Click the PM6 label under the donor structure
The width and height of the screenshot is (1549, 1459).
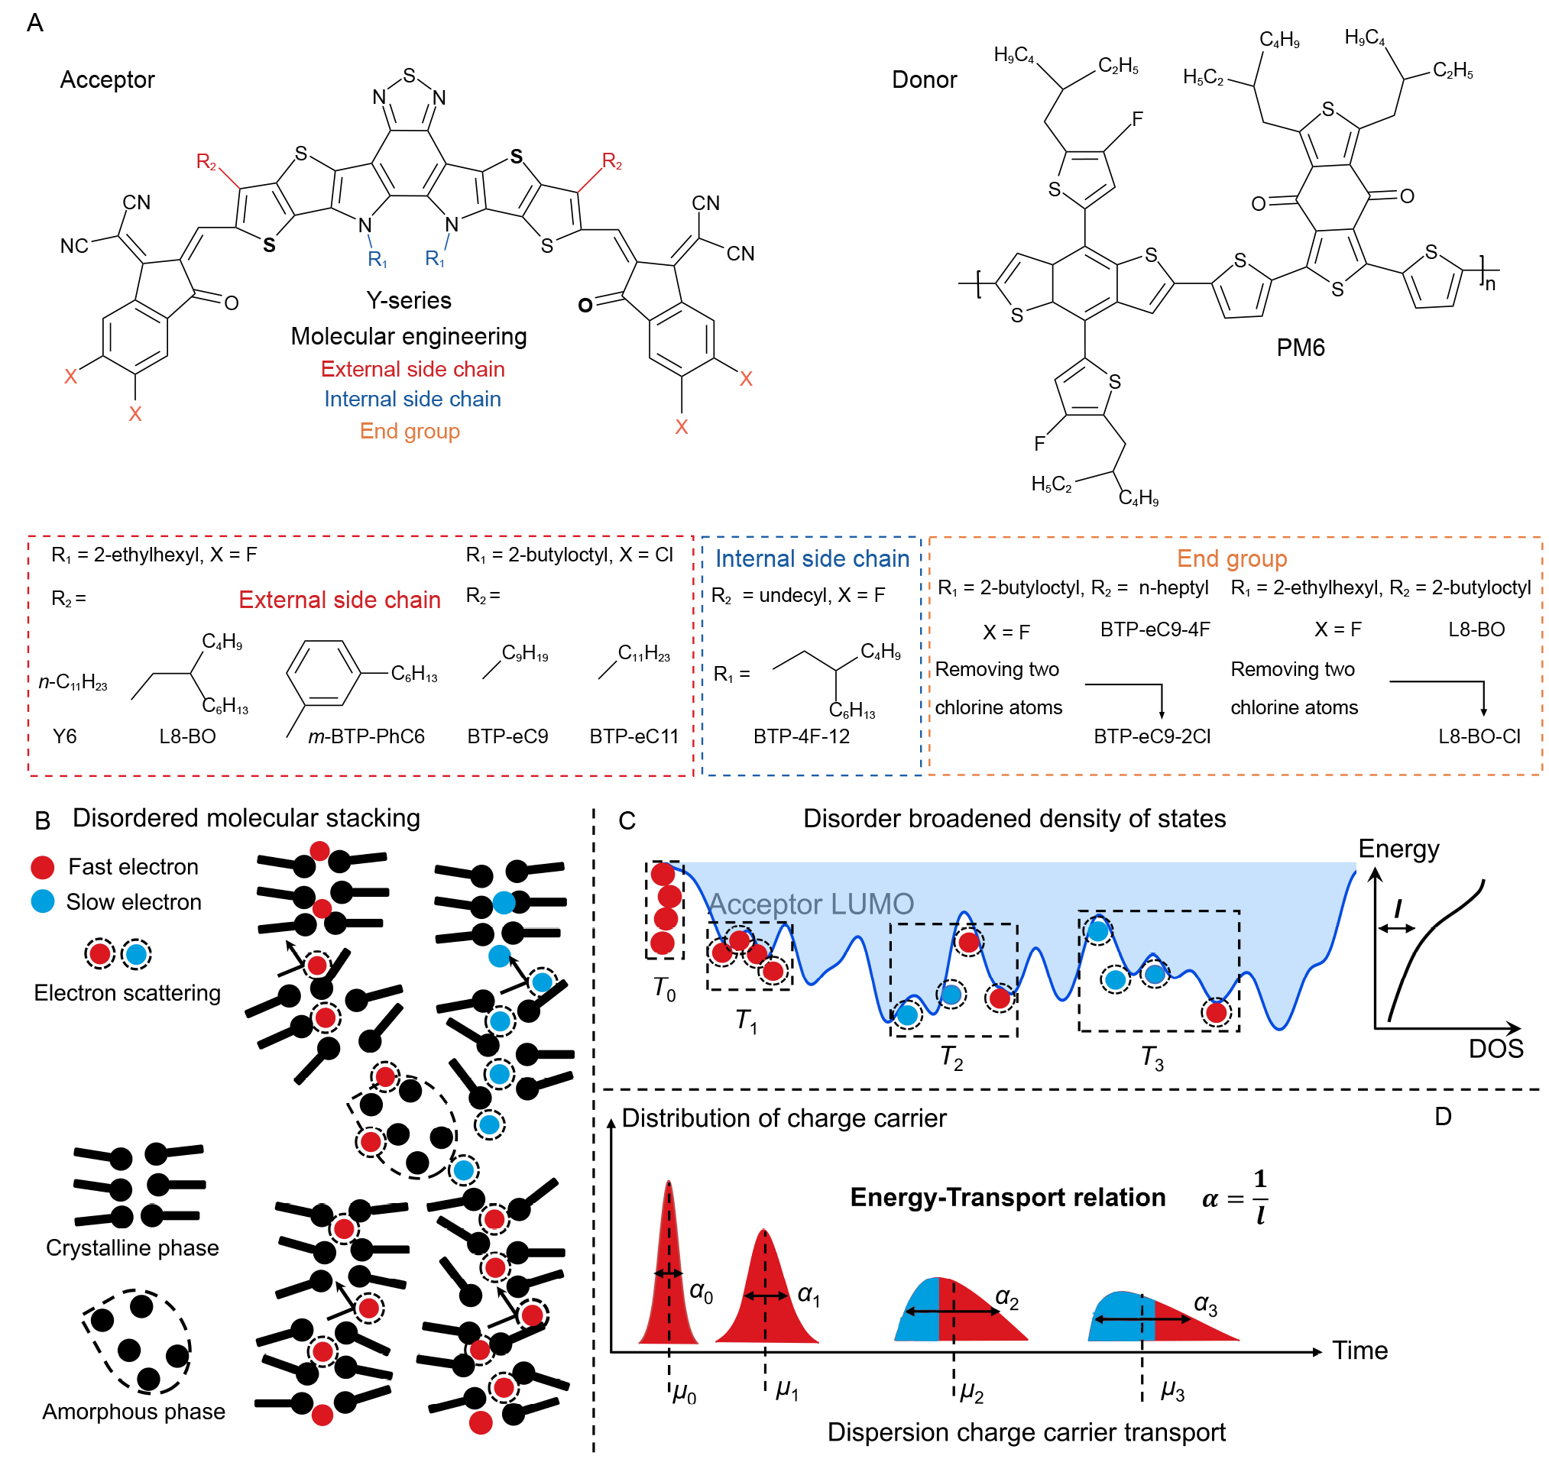point(1300,348)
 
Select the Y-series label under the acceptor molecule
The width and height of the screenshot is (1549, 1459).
point(408,301)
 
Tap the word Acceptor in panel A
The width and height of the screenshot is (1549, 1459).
point(108,79)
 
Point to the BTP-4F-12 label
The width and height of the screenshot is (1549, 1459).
point(801,736)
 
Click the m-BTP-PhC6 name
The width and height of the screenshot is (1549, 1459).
point(366,736)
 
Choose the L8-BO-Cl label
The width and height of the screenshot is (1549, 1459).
point(1478,736)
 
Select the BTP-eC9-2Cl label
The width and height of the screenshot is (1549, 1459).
point(1152,736)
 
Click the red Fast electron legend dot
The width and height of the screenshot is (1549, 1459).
point(42,867)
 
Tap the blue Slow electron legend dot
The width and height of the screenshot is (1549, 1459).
point(42,901)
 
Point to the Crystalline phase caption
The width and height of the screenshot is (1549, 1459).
point(132,1248)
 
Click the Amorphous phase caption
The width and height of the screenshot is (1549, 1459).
point(133,1412)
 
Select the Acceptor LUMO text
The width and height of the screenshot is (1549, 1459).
point(810,904)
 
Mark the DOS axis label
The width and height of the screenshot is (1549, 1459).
point(1496,1049)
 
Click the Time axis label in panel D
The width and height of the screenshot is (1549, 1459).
point(1359,1350)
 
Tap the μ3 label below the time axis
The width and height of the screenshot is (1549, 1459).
point(1172,1390)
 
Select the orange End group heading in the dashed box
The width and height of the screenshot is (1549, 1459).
point(1231,558)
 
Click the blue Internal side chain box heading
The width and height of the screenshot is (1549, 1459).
point(812,558)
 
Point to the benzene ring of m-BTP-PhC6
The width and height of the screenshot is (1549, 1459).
point(323,672)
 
